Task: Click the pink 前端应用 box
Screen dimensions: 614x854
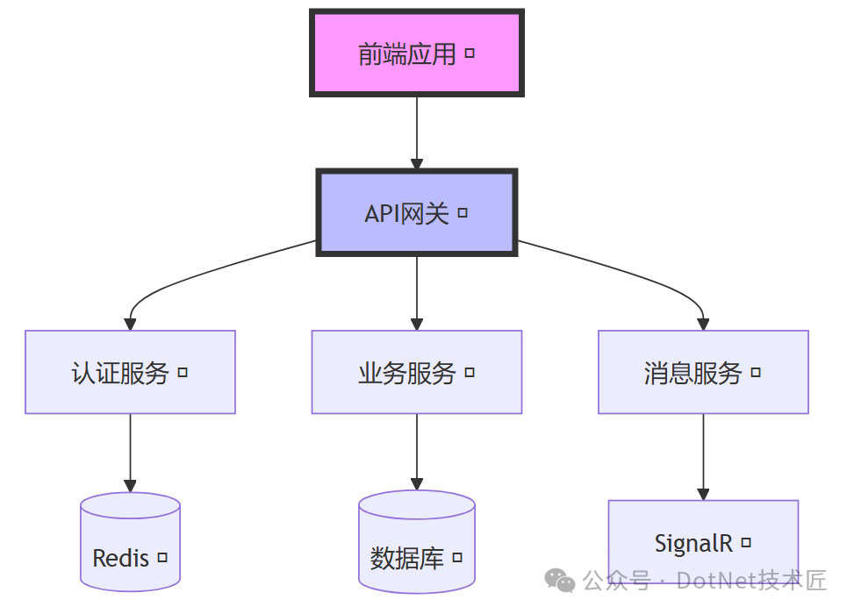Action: click(416, 53)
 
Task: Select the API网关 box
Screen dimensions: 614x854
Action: click(416, 212)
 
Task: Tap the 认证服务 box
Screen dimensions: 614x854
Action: click(130, 372)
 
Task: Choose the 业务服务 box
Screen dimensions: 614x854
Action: click(416, 372)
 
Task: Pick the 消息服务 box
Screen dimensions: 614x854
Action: click(703, 372)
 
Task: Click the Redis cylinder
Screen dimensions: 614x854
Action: click(130, 544)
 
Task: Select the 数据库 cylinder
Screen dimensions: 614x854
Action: click(416, 544)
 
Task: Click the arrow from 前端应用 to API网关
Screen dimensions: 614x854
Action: click(416, 132)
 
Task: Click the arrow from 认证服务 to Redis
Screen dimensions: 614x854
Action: click(130, 452)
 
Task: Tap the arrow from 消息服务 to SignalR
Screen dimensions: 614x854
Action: click(703, 456)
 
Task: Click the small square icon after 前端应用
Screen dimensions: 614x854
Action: click(470, 54)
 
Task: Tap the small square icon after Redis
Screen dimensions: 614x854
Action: click(161, 558)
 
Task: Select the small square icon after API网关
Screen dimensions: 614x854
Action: click(463, 213)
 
